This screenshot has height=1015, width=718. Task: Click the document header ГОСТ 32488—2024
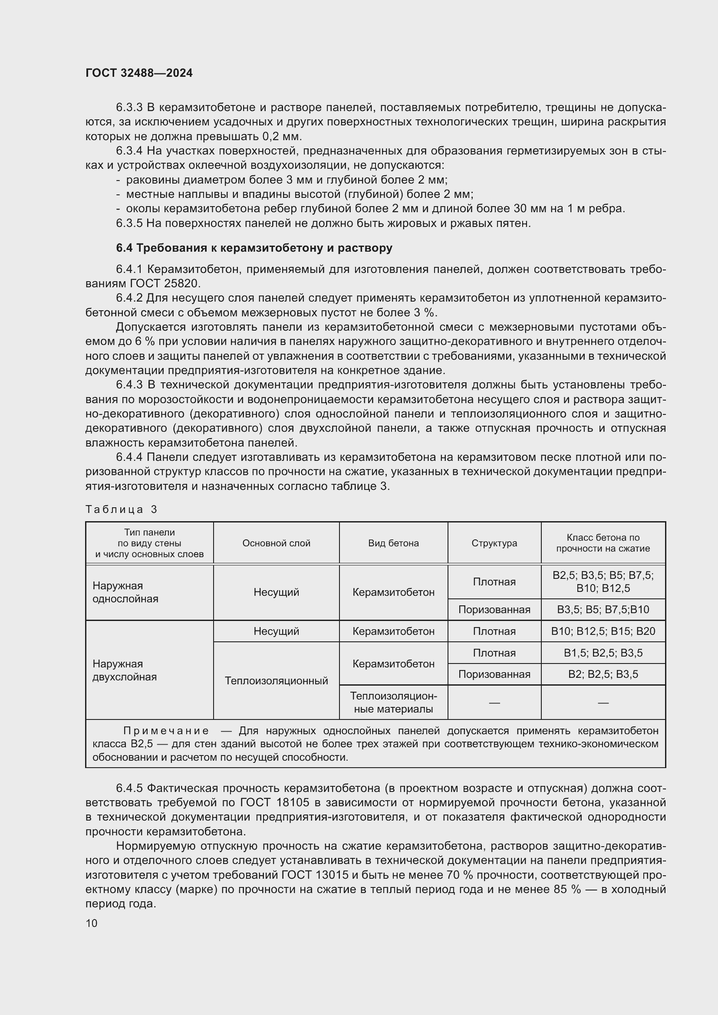[x=139, y=73]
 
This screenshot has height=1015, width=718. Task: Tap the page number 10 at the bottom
[x=92, y=923]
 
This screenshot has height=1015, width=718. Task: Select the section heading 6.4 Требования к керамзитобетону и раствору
[x=254, y=248]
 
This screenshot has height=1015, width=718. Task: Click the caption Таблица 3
[x=121, y=510]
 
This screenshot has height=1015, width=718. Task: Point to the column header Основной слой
[x=277, y=543]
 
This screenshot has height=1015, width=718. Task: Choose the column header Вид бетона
[x=393, y=543]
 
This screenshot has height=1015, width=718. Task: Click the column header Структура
[x=494, y=543]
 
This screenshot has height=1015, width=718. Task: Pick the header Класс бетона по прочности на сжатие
[x=603, y=543]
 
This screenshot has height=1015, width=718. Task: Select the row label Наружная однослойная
[x=125, y=592]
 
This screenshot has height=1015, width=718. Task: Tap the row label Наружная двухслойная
[x=124, y=670]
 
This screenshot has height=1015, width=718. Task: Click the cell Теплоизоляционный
[x=277, y=681]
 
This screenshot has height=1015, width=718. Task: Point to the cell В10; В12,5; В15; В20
[x=603, y=631]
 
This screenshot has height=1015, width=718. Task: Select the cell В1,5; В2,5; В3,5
[x=603, y=653]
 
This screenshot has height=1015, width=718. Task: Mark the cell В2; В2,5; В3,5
[x=603, y=674]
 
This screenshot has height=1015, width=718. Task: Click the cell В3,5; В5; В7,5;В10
[x=603, y=610]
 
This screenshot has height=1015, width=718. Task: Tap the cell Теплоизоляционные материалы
[x=393, y=703]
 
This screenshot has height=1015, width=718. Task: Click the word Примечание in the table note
[x=166, y=731]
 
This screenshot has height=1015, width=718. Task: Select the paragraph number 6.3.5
[x=129, y=223]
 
